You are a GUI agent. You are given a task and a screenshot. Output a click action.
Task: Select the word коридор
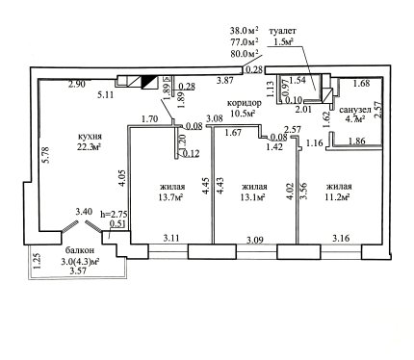pos(245,103)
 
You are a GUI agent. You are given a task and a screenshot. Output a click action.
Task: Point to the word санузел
pos(355,110)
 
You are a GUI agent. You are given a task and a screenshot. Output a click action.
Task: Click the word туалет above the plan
pos(282,32)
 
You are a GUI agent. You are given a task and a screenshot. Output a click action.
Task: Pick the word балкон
pos(80,250)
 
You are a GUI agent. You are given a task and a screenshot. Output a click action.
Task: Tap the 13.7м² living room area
pos(170,197)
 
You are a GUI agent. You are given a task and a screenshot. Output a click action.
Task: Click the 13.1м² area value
pos(252,197)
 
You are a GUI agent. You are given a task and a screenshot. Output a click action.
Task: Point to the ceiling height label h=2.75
pos(114,214)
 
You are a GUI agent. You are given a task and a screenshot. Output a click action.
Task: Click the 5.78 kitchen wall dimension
pos(47,155)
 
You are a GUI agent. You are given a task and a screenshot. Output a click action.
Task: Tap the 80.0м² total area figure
pos(245,53)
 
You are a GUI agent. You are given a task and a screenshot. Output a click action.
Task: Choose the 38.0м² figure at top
pos(245,31)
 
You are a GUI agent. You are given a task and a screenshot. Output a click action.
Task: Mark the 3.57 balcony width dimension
pos(78,271)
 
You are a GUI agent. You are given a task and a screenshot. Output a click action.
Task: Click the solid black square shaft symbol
pos(148,82)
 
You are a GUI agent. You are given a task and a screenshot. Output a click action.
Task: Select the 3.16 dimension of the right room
pos(341,239)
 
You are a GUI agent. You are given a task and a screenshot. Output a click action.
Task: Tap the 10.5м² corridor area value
pos(243,113)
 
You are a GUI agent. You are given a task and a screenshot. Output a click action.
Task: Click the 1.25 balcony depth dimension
pos(38,261)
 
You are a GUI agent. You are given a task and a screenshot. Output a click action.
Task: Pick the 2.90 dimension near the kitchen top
pos(77,85)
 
